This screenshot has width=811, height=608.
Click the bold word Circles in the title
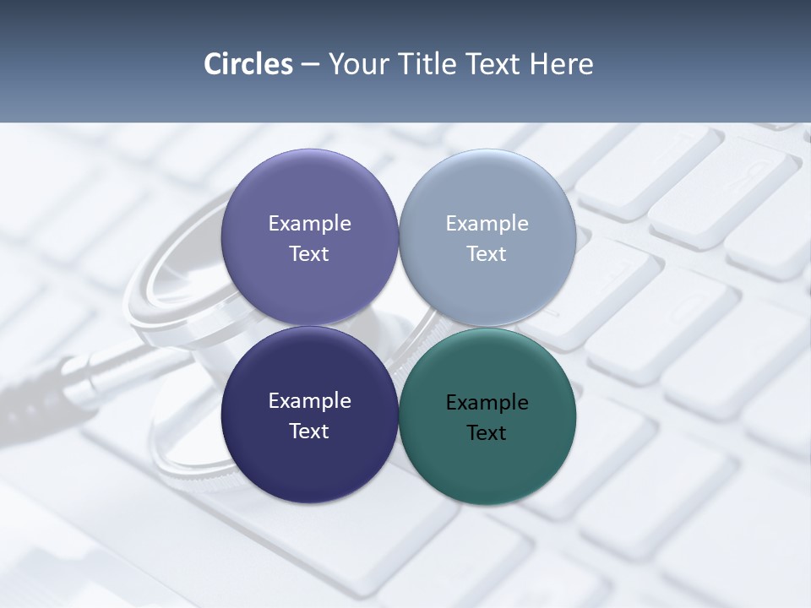click(x=248, y=64)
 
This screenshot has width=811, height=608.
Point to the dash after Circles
click(x=310, y=65)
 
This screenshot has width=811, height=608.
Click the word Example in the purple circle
click(x=309, y=223)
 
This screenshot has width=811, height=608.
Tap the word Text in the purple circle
click(x=309, y=253)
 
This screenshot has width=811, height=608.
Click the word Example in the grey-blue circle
click(x=487, y=223)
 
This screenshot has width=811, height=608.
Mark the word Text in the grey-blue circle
click(x=487, y=253)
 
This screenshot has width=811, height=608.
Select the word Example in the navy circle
click(x=309, y=400)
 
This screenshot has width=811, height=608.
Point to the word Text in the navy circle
click(x=309, y=431)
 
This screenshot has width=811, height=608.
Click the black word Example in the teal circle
click(x=487, y=402)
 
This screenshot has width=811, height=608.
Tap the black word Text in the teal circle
click(x=487, y=432)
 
